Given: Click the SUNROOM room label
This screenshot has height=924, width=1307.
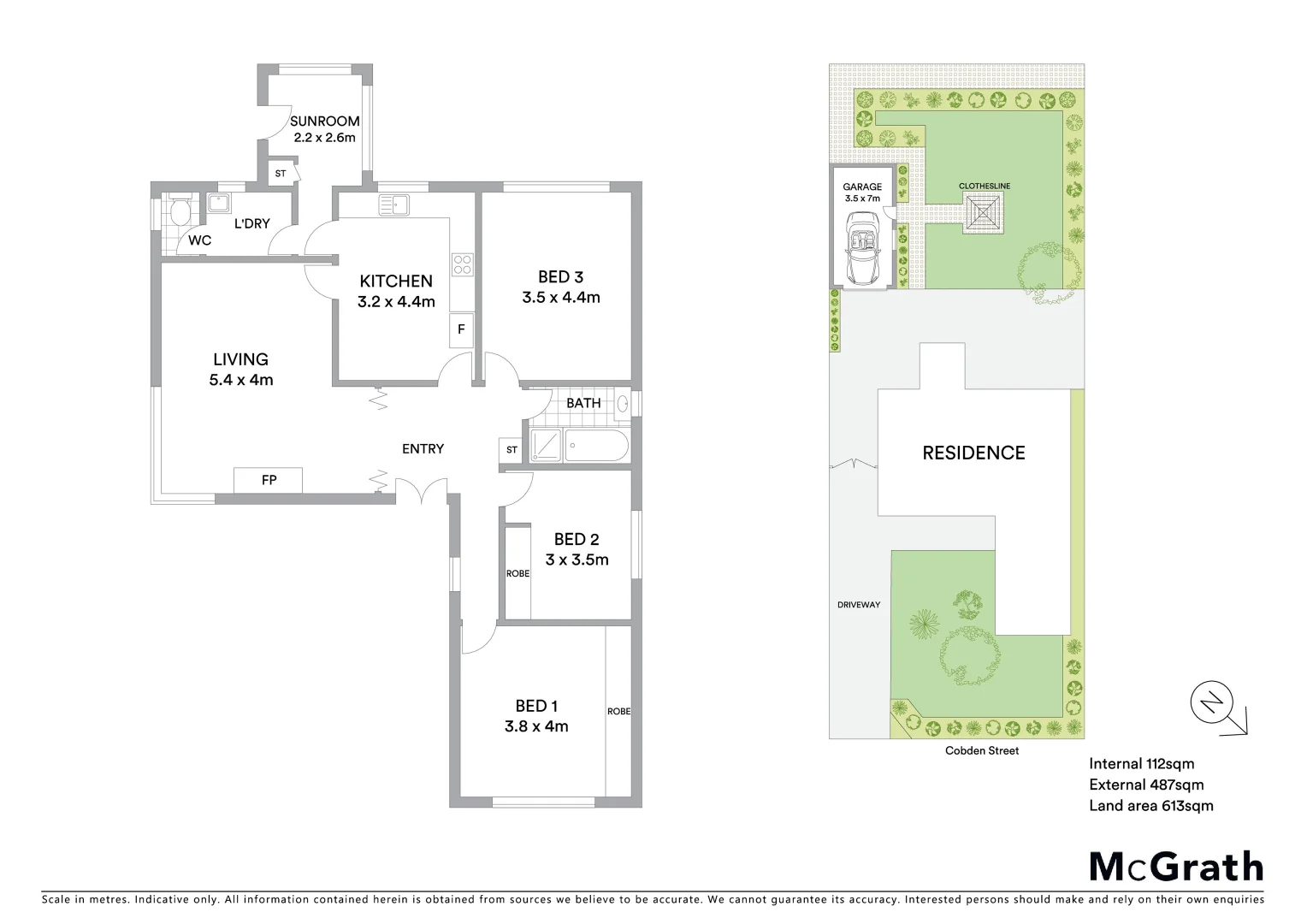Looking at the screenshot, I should point(324,121).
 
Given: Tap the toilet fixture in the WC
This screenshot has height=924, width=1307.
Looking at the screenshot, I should point(180,211).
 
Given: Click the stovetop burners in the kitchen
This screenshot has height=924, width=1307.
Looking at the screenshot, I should point(462,264).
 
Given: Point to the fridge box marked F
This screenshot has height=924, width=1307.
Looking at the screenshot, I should point(461,329).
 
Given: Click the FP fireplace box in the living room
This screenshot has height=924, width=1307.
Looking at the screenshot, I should point(269,480).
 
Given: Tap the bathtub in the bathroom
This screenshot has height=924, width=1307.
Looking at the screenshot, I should point(597,446).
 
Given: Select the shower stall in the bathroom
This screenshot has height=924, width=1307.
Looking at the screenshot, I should point(546,446).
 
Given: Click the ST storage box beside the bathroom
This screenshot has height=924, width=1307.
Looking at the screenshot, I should point(512,450).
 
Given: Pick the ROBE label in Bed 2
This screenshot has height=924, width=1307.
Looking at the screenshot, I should point(517,573).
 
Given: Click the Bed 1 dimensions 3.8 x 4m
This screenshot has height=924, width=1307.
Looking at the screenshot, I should point(536,726).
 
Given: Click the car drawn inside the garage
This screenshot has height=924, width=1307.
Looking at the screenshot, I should point(861,248).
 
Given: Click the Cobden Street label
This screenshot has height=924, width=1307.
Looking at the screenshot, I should point(982,750).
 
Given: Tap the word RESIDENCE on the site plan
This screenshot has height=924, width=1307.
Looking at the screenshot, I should point(973,453).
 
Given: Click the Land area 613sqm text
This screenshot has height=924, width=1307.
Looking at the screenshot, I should point(1150,805).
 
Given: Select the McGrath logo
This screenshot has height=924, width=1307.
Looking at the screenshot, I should point(1176,866).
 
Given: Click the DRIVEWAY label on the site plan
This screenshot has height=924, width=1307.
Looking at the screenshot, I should point(858,605).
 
